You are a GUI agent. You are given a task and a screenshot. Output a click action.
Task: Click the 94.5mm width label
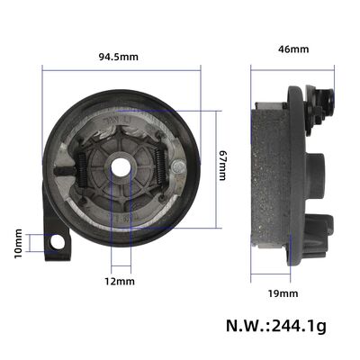click(x=119, y=56)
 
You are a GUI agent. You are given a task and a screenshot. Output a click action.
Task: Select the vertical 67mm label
click(x=223, y=164)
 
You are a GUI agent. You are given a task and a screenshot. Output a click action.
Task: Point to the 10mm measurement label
click(x=19, y=243)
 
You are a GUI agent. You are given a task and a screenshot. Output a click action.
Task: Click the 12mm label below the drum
click(x=119, y=282)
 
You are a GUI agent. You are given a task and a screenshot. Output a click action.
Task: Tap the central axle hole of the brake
click(x=118, y=167)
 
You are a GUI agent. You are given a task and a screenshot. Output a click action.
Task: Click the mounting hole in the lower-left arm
click(x=59, y=242)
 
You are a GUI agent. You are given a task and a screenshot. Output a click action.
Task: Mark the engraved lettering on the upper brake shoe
click(x=117, y=118)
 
